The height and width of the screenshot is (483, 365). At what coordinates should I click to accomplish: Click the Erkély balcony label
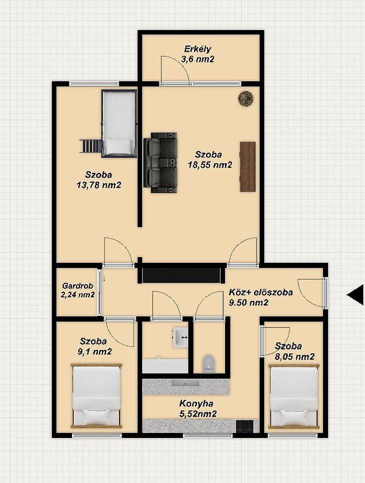point(197,49)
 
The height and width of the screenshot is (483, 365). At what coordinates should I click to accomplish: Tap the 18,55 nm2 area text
point(210,165)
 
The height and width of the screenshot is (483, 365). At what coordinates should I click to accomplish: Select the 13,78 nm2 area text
point(98,185)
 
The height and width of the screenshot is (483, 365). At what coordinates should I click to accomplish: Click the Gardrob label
point(77,286)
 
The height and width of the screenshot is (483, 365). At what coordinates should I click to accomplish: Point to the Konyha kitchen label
point(196,403)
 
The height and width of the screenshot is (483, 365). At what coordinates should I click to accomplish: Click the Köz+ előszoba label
point(260,292)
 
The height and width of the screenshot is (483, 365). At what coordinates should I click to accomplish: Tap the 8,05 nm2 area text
point(294,357)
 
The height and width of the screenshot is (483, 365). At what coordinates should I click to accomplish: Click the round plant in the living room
point(246,99)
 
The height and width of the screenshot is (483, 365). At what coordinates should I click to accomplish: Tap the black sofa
point(160,163)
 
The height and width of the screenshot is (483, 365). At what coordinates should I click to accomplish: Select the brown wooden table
point(247,167)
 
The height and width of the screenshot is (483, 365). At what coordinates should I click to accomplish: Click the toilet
point(209,363)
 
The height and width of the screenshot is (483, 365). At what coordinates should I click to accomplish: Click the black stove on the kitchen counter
point(247,426)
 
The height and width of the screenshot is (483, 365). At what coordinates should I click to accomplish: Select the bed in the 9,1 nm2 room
point(96,396)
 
